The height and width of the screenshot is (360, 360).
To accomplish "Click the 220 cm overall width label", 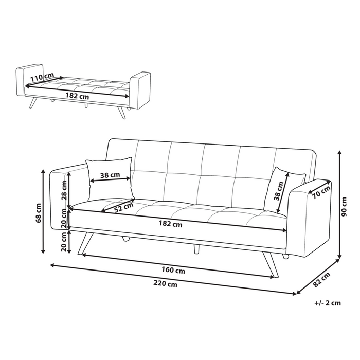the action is [165, 284].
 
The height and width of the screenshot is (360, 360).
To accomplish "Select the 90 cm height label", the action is [344, 207].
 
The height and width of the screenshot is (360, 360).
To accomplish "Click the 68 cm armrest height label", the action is [39, 213].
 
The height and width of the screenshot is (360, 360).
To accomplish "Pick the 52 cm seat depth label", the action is [124, 207].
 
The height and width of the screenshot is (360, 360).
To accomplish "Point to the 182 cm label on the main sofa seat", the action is [171, 223].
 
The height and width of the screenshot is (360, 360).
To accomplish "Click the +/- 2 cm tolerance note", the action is [328, 303].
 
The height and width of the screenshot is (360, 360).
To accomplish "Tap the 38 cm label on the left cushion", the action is [110, 175].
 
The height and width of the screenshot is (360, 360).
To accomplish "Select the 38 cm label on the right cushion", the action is [279, 191].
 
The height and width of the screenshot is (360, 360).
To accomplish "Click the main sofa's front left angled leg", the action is [85, 243].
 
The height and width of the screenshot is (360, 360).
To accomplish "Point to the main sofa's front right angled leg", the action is [271, 265].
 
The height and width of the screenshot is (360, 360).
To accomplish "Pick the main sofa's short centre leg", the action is [196, 249].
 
